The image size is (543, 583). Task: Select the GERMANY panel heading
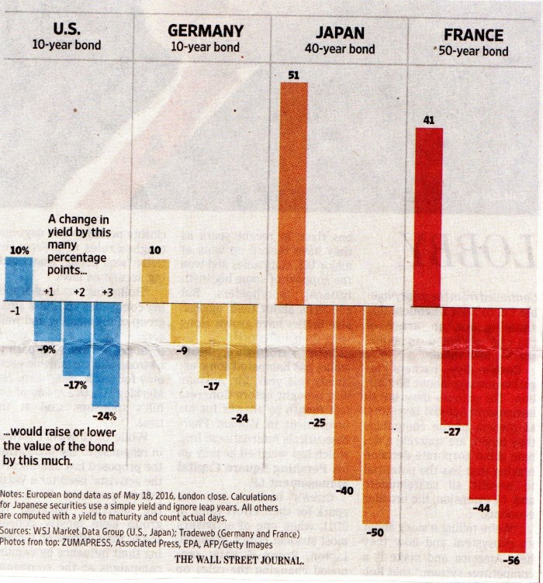pyautogui.click(x=205, y=31)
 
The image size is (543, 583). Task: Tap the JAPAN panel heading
pyautogui.click(x=344, y=32)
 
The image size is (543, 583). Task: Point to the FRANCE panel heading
pyautogui.click(x=473, y=35)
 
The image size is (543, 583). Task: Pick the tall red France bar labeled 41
pyautogui.click(x=429, y=217)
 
